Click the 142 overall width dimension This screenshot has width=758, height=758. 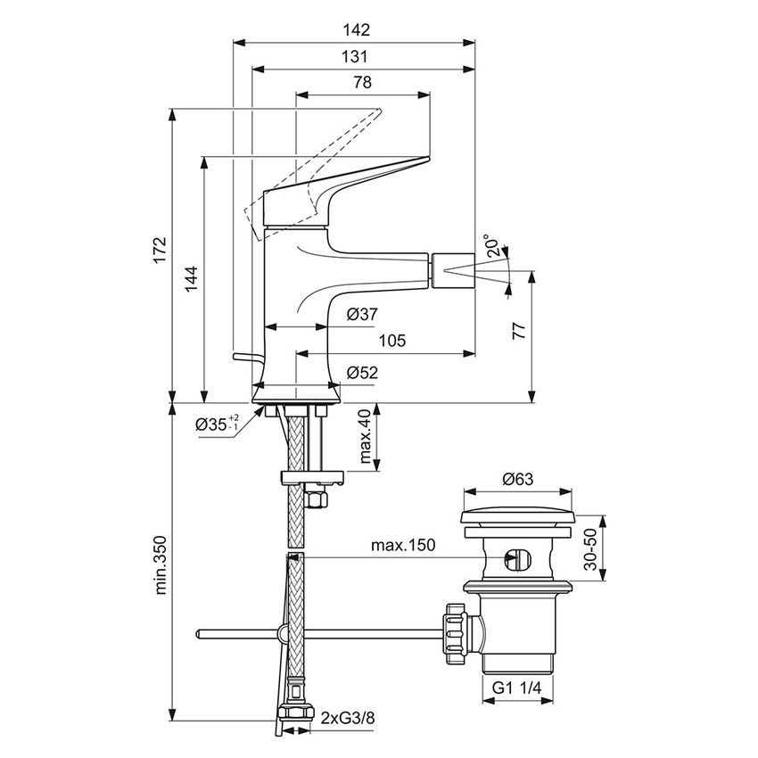click(355, 30)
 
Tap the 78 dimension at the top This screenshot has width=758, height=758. click(363, 82)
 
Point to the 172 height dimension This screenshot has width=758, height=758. click(160, 255)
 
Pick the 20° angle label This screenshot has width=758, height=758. click(493, 247)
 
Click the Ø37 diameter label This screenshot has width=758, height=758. click(362, 314)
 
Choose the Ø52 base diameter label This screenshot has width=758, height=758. click(362, 373)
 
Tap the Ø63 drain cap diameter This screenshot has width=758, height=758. click(517, 479)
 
